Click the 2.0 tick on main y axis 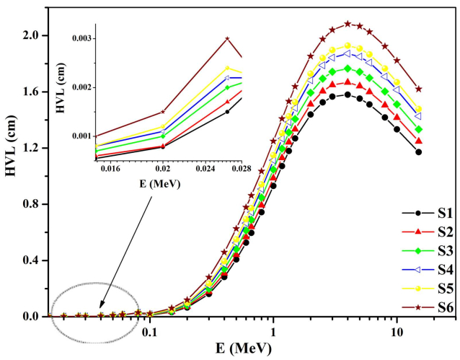pyautogui.click(x=35, y=35)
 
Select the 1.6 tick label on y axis pyautogui.click(x=35, y=92)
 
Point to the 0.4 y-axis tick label pyautogui.click(x=35, y=260)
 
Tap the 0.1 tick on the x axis pyautogui.click(x=149, y=333)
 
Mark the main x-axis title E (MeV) pyautogui.click(x=242, y=349)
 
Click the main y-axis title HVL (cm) pyautogui.click(x=12, y=175)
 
